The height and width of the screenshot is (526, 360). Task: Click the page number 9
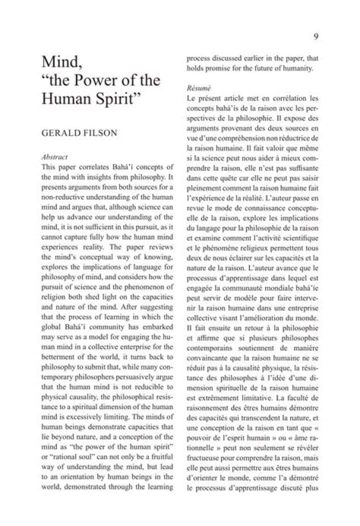tap(316, 35)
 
